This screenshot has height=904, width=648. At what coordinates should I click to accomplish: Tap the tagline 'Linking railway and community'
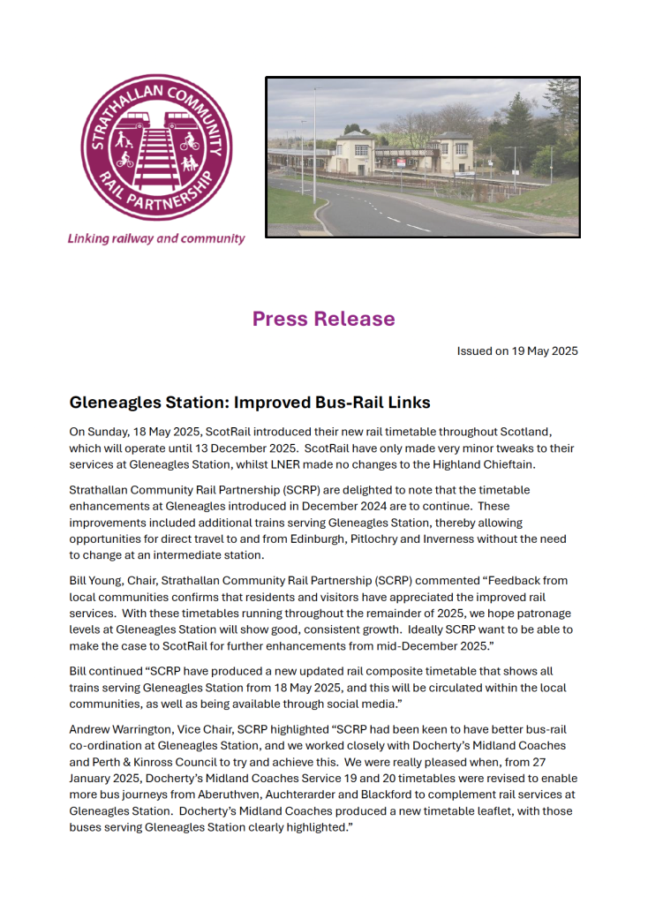click(x=156, y=239)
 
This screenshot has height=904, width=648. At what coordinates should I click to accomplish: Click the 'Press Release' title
click(x=323, y=319)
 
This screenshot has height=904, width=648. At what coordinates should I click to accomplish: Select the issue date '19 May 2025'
click(x=543, y=350)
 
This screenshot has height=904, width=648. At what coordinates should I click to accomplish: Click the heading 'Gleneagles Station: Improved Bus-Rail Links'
click(x=250, y=403)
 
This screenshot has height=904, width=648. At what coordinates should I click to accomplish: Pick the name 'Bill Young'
click(x=95, y=581)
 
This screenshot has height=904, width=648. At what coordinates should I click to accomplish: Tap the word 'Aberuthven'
click(x=242, y=795)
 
